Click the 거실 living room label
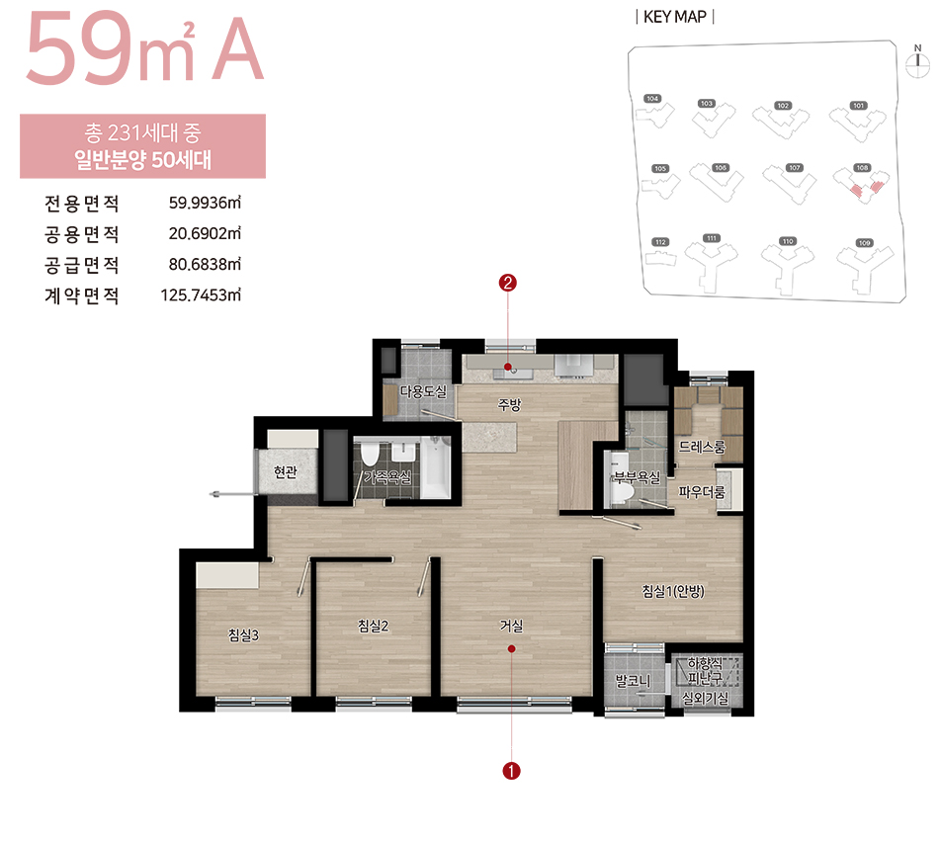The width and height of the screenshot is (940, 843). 511,626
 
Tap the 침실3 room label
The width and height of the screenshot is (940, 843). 243,635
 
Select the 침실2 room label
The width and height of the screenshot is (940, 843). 373,626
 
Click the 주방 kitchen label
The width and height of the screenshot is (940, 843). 509,404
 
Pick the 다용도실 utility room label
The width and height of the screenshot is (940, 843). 423,391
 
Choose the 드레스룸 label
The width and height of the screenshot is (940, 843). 702,448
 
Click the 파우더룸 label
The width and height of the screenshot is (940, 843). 702,491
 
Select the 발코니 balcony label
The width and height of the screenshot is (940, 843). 631,681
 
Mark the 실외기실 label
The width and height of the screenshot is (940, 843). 705,699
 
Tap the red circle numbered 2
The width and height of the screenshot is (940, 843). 508,284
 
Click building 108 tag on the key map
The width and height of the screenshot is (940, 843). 862,168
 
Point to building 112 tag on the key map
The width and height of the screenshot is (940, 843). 661,242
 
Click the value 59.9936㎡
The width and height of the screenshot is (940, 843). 205,205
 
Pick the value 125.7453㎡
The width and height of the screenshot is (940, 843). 201,295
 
